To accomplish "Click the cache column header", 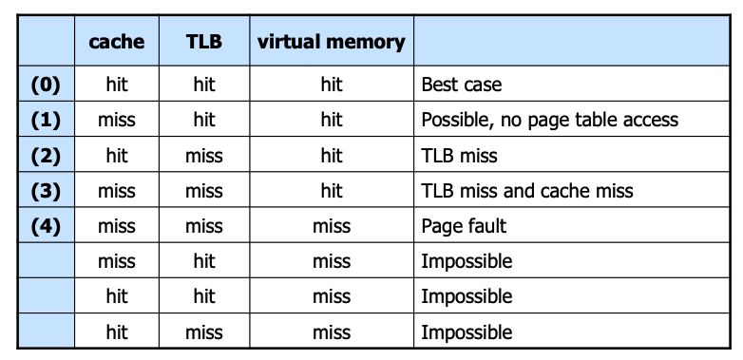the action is click(x=117, y=42).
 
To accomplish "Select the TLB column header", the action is click(x=203, y=42).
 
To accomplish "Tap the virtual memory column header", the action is click(x=332, y=42).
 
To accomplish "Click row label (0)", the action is click(x=46, y=85).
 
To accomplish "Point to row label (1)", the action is click(x=46, y=120).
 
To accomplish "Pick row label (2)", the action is click(x=46, y=156).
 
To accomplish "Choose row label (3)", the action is click(x=46, y=191).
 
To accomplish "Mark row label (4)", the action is click(x=46, y=226).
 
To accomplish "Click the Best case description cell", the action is click(x=461, y=85).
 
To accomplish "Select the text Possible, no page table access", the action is click(x=550, y=121).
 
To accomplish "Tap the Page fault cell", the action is click(x=464, y=226).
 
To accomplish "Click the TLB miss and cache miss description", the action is click(x=527, y=191).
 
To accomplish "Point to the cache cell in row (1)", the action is click(x=117, y=121).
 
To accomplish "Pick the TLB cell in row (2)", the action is click(x=203, y=156).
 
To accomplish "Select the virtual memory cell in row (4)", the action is click(x=332, y=226).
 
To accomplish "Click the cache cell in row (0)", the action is click(x=117, y=85).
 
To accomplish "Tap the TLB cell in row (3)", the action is click(x=203, y=191).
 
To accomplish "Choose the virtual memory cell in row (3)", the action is click(x=332, y=191).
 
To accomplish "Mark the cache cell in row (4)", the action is click(x=117, y=226).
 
